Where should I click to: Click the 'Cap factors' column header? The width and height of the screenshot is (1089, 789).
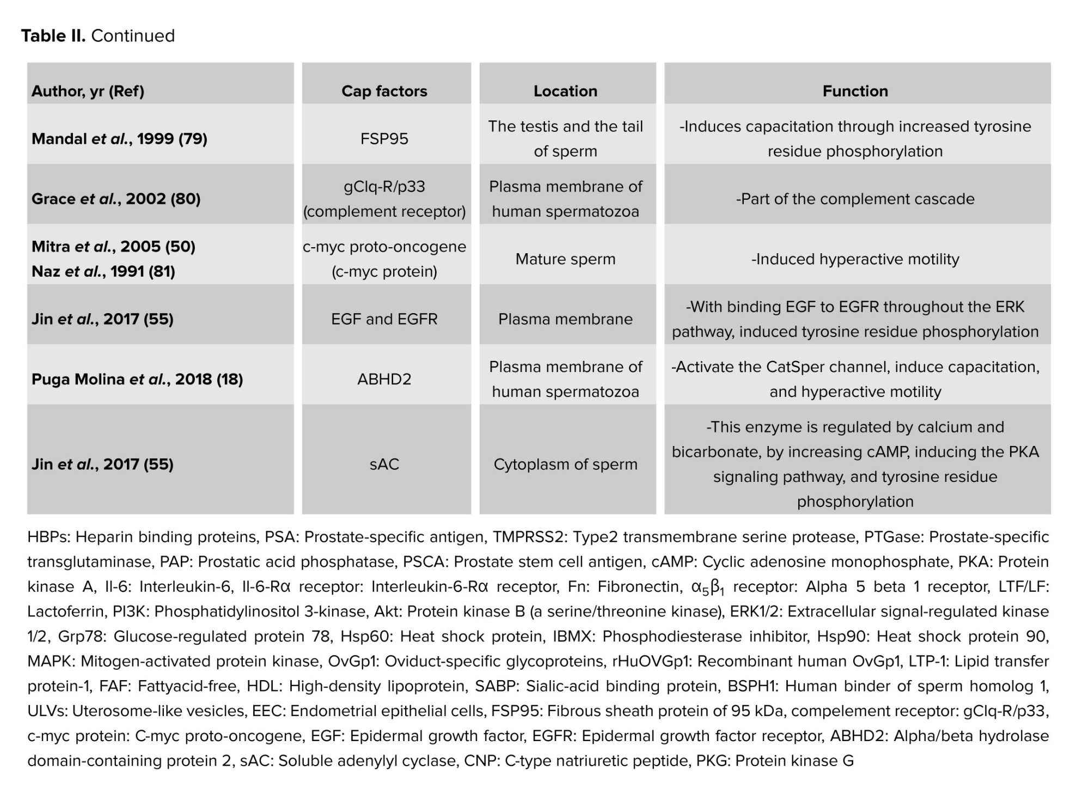coord(384,91)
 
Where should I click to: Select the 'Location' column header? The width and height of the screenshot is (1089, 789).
coord(565,91)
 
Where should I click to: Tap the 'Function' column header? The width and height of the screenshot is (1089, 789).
coord(855,91)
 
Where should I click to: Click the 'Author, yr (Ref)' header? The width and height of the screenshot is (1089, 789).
coord(88,91)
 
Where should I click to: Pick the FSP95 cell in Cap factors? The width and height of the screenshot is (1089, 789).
coord(384,139)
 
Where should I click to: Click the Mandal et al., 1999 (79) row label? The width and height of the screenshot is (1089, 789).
coord(119,139)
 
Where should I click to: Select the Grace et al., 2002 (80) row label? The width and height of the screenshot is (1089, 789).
coord(116,199)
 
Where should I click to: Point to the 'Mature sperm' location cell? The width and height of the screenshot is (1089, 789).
coord(565,259)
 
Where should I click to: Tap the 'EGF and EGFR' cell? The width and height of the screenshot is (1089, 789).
coord(384,319)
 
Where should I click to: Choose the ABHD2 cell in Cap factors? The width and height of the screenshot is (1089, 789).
coord(384,379)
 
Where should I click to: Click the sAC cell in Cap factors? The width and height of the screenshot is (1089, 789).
coord(384,464)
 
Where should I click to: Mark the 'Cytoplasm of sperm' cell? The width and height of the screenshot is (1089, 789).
coord(565,464)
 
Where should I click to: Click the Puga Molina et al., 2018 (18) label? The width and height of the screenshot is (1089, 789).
coord(137,379)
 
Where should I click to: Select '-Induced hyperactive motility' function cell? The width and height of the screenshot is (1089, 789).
coord(855,259)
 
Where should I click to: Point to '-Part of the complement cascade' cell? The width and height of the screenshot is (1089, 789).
coord(855,199)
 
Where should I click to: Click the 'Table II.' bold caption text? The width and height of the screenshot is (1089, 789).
coord(53,36)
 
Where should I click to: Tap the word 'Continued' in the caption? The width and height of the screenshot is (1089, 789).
coord(133,36)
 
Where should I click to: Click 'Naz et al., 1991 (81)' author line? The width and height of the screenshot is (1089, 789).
coord(103,271)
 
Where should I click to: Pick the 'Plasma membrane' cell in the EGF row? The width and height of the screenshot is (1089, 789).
coord(565,319)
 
